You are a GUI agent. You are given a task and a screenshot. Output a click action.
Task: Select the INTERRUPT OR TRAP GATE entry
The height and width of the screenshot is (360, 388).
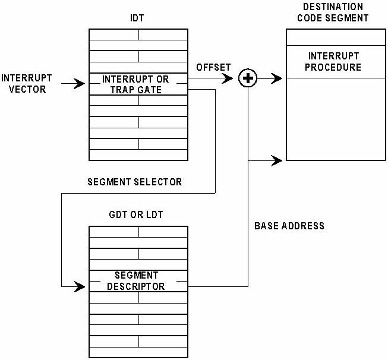[x=135, y=84]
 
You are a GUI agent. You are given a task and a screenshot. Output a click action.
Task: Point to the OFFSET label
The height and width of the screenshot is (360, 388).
[x=213, y=67]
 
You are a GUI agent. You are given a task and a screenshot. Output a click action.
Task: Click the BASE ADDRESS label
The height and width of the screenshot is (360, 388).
[x=289, y=226]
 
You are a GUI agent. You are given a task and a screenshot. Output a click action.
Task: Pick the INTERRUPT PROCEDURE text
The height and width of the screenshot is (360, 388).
[x=333, y=62]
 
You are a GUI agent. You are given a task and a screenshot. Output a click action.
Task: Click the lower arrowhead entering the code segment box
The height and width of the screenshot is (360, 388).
[x=277, y=160]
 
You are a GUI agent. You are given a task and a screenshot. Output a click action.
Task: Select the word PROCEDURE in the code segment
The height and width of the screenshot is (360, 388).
[x=333, y=67]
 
